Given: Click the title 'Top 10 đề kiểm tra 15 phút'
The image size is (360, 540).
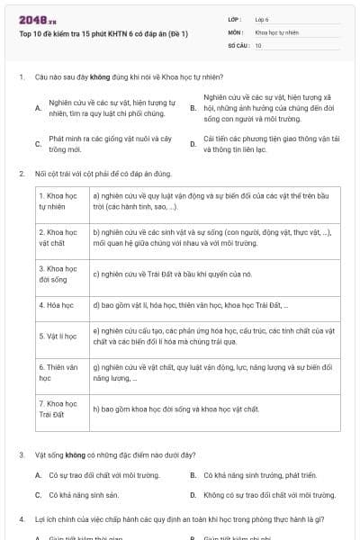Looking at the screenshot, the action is (x=103, y=33).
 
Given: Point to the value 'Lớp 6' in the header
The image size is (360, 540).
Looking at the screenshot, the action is (x=262, y=19).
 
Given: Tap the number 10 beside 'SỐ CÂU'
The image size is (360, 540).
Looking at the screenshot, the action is (x=258, y=44).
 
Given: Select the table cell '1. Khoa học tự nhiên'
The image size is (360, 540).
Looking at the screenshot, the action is (x=59, y=201).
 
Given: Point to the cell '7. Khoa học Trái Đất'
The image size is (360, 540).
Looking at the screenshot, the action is (x=59, y=409).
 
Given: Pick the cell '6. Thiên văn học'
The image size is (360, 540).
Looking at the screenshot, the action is (x=59, y=373).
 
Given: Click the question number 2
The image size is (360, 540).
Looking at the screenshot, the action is (x=21, y=173).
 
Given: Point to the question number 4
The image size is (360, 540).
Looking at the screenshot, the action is (x=21, y=519).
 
